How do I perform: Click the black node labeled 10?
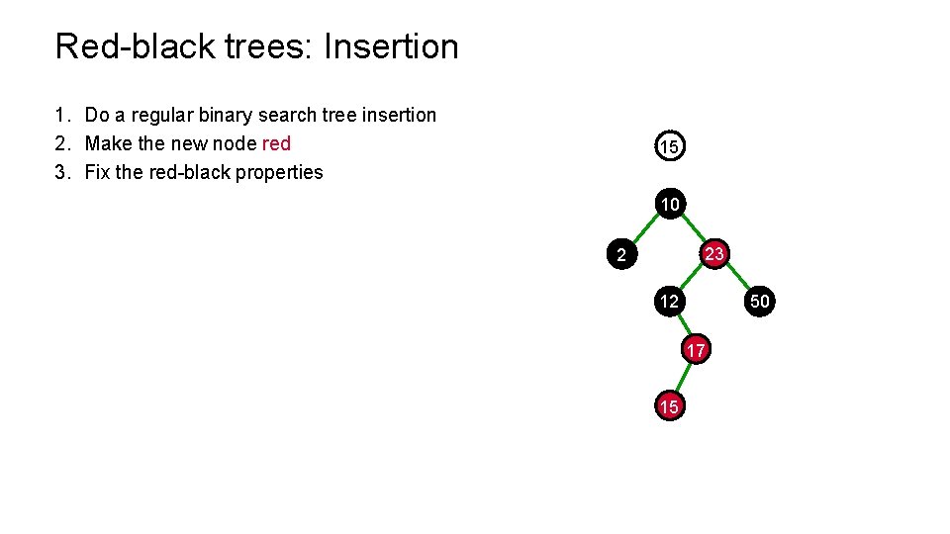click(670, 205)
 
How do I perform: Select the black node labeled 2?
click(620, 255)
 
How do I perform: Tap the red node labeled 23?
click(714, 254)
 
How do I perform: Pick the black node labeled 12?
click(670, 302)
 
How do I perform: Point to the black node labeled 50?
click(759, 302)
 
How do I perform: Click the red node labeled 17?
click(696, 351)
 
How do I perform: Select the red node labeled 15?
click(670, 406)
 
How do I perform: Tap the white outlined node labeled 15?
click(670, 147)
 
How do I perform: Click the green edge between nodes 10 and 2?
click(645, 229)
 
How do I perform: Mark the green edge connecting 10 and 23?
click(693, 229)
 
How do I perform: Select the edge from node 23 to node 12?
click(692, 278)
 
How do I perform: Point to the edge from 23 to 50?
click(737, 278)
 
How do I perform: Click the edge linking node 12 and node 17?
click(683, 326)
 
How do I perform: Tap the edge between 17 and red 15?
click(683, 379)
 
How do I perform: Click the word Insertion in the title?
click(391, 46)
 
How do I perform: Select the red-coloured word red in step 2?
click(276, 143)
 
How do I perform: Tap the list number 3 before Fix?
click(61, 172)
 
